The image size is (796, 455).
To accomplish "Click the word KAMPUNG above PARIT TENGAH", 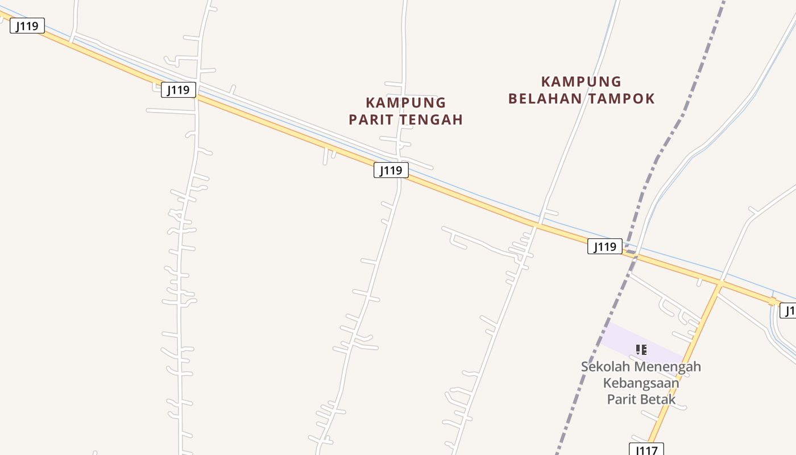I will click(x=405, y=103).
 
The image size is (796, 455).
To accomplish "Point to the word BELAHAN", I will click(x=545, y=98).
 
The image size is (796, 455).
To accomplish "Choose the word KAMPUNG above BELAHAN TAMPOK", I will click(x=581, y=82).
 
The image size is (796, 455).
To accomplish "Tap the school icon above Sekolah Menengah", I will click(x=641, y=349).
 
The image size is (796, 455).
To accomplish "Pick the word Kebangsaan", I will click(x=641, y=383).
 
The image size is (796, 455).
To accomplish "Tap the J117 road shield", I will click(x=646, y=450).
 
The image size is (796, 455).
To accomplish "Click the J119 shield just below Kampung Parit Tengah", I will click(x=391, y=170).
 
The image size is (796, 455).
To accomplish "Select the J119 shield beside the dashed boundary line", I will click(x=604, y=246).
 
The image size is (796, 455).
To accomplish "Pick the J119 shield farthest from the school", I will click(x=27, y=26).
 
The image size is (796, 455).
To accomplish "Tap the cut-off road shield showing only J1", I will click(x=788, y=311).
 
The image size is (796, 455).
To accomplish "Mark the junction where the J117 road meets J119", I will click(x=720, y=283).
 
